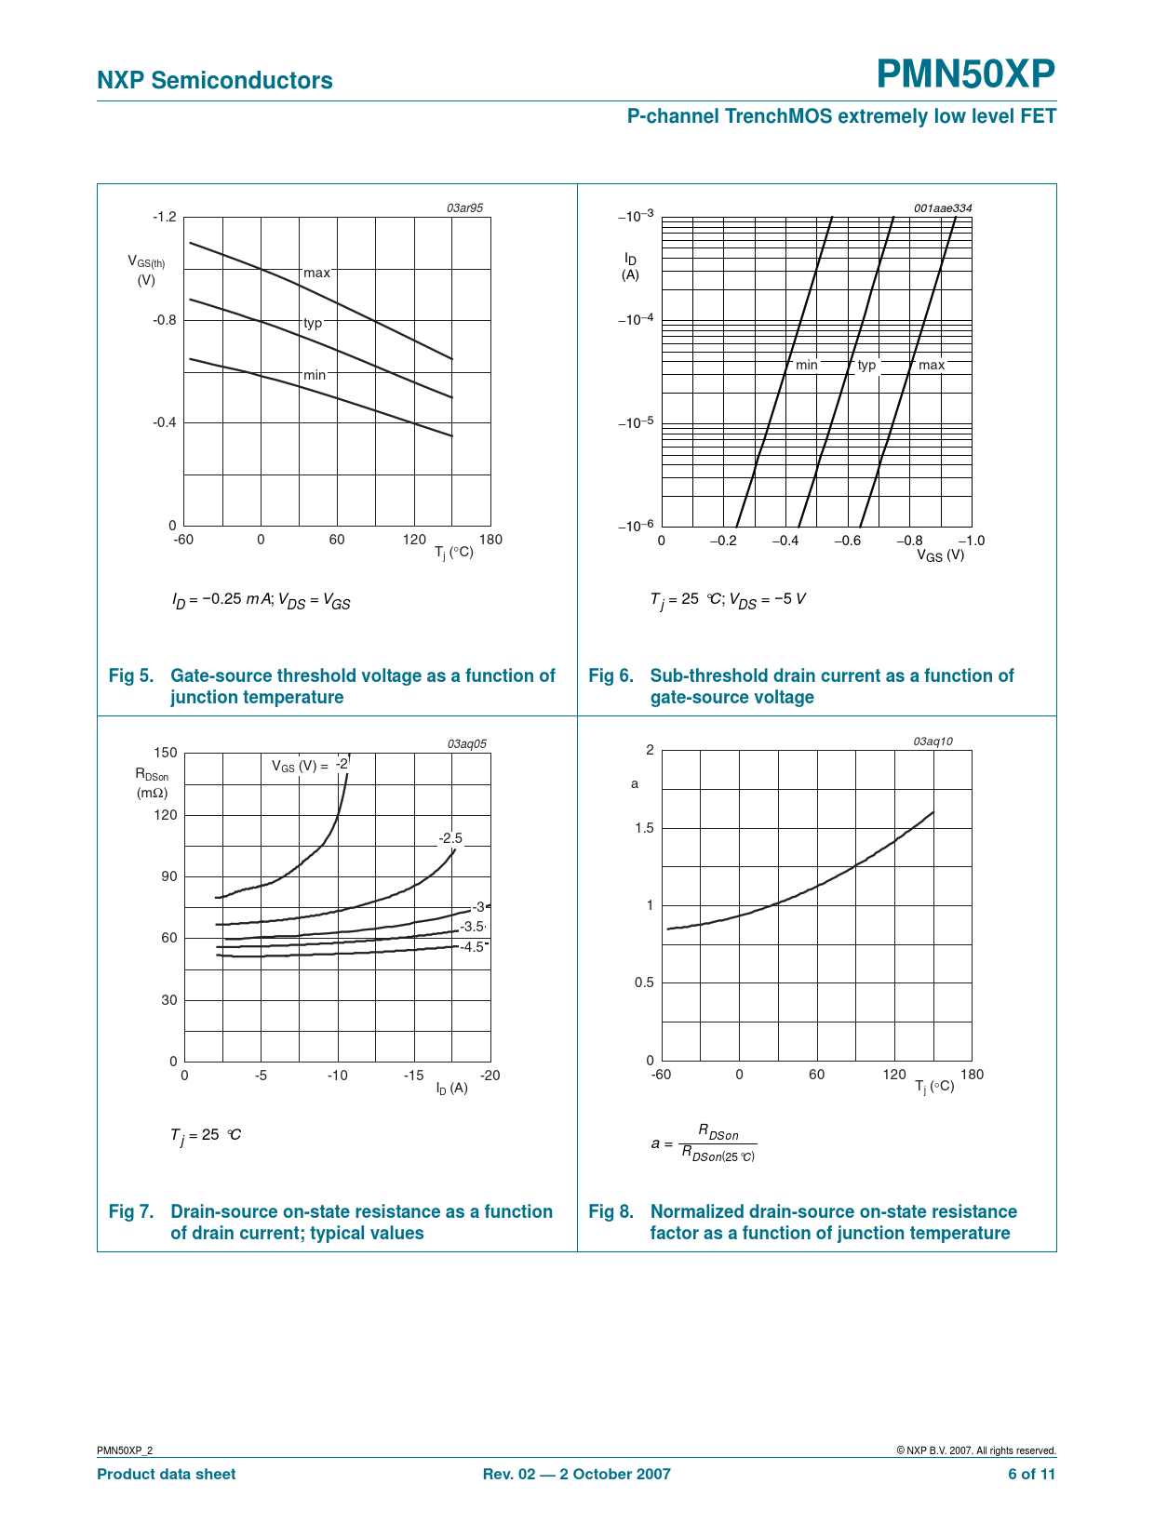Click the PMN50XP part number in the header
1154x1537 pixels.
click(x=966, y=74)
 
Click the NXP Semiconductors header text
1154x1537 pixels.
click(x=215, y=81)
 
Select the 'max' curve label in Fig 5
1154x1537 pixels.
click(x=316, y=273)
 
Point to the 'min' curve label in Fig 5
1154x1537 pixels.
click(x=315, y=375)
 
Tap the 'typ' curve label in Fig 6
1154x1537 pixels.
click(x=866, y=365)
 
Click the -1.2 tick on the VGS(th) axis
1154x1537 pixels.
click(x=164, y=217)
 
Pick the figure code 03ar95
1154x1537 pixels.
click(x=465, y=208)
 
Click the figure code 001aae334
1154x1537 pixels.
click(x=942, y=208)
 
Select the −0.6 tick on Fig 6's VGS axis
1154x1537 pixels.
click(x=847, y=541)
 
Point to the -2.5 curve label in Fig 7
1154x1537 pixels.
click(x=450, y=838)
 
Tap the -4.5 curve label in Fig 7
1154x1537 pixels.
click(x=473, y=947)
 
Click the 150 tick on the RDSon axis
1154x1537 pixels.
click(x=166, y=753)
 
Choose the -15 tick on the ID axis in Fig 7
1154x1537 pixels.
click(x=413, y=1076)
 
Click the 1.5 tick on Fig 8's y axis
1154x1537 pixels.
click(x=644, y=828)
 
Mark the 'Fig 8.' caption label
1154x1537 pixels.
click(x=611, y=1211)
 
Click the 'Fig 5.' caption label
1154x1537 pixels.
click(x=131, y=675)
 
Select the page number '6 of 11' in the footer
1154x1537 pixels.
click(x=1031, y=1474)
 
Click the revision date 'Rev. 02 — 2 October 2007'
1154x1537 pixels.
click(x=576, y=1474)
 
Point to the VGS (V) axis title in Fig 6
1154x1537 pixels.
click(x=940, y=555)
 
